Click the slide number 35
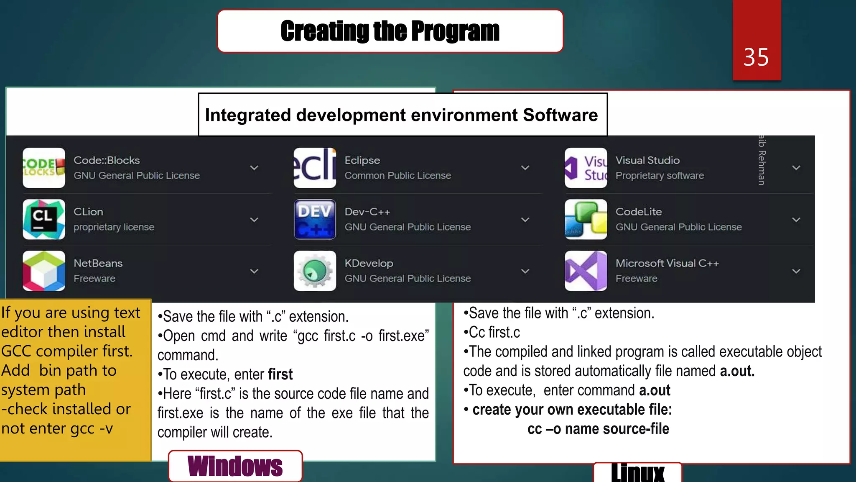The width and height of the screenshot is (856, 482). click(x=756, y=57)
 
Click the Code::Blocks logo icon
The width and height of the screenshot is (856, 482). click(x=44, y=168)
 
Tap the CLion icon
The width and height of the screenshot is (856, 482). click(x=44, y=219)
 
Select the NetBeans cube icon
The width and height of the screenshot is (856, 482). click(x=44, y=271)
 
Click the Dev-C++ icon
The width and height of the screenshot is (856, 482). click(x=315, y=219)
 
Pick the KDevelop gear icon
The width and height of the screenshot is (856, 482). click(x=315, y=271)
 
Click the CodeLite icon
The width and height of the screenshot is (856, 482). click(x=586, y=219)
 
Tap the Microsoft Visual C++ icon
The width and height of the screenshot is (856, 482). click(x=586, y=271)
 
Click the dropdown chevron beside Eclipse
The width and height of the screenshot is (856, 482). click(x=525, y=168)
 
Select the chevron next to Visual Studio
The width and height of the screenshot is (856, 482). click(x=796, y=168)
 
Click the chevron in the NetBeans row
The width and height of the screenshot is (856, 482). click(x=254, y=271)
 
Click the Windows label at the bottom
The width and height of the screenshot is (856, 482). click(x=235, y=466)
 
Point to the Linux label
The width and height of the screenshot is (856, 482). click(x=637, y=473)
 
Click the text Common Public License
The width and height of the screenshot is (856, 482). click(x=397, y=176)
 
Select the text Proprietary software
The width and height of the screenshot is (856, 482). click(x=660, y=176)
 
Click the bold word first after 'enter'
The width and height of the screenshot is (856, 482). click(x=280, y=374)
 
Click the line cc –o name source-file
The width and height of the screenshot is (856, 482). click(x=598, y=429)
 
